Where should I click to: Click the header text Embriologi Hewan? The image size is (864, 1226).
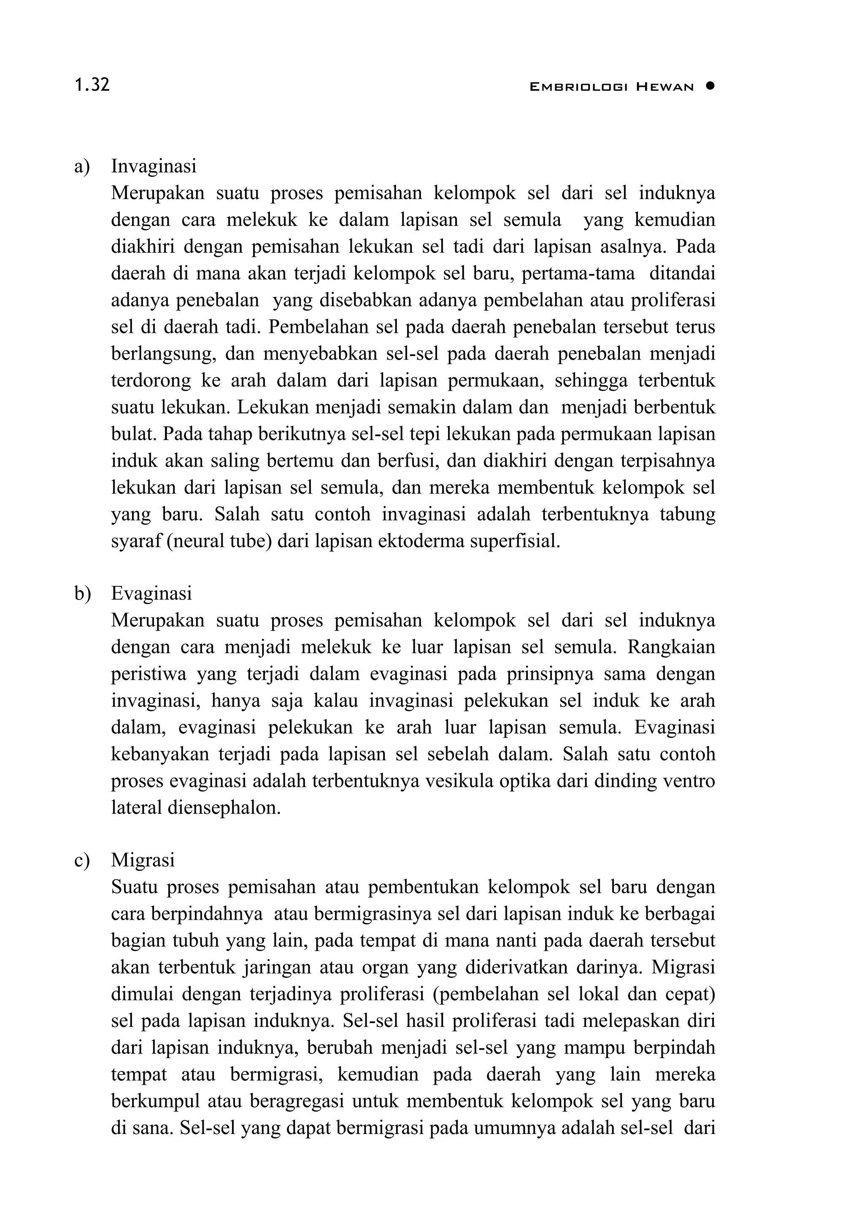[x=611, y=87]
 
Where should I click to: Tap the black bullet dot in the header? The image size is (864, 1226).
[x=709, y=86]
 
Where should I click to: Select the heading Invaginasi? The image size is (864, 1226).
[x=154, y=166]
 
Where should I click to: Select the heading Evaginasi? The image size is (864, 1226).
[x=151, y=593]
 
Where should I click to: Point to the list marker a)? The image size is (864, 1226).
[x=82, y=167]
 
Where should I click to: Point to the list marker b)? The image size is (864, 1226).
[x=83, y=594]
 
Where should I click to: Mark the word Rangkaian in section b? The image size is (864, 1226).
[x=671, y=647]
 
